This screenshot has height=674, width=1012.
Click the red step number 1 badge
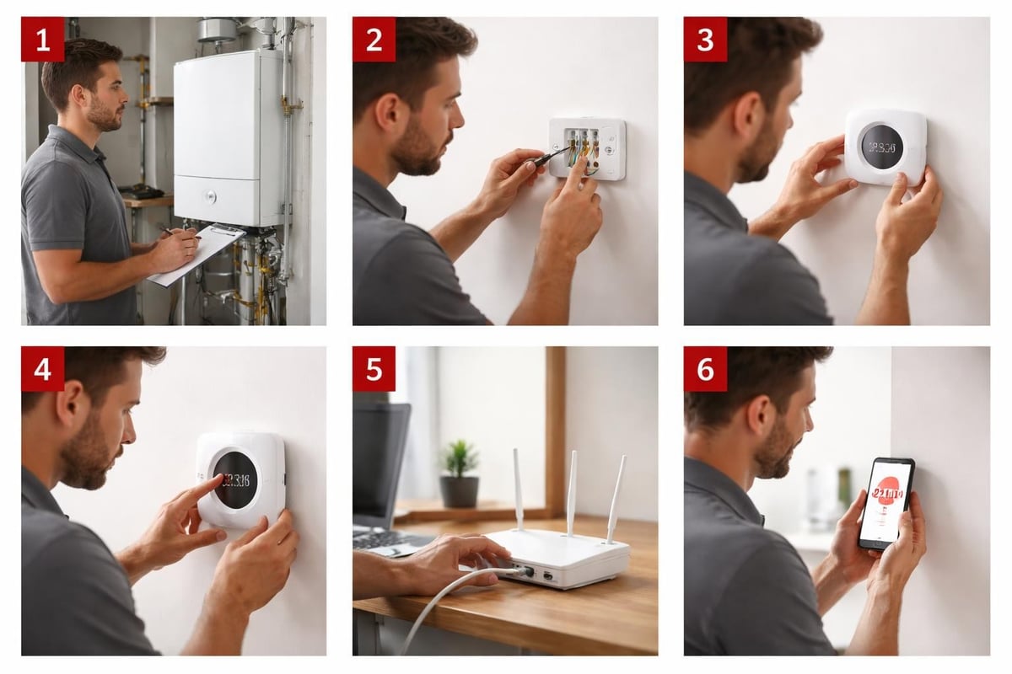42,39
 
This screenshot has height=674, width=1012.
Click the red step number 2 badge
374,39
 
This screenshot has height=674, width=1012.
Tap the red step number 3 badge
705,39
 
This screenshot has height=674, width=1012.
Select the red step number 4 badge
42,369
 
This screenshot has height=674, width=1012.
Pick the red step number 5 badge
374,369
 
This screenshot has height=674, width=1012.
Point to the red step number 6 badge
705,369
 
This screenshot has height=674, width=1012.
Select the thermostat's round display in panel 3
882,147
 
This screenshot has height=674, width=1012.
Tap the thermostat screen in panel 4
235,479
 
